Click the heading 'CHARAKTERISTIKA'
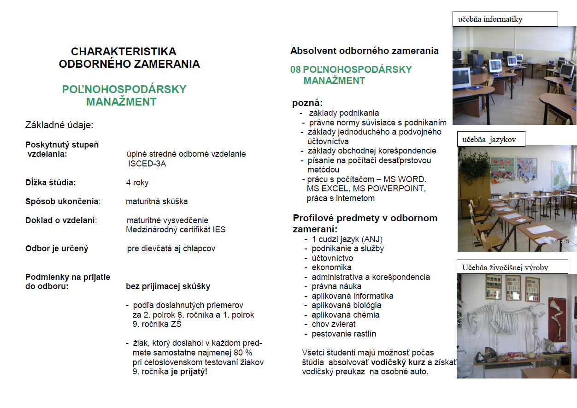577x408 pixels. click(x=124, y=52)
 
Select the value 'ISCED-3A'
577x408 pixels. click(x=147, y=164)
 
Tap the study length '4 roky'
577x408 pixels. click(x=137, y=183)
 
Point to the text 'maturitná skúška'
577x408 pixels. click(x=157, y=201)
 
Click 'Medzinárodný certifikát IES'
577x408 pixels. click(x=176, y=230)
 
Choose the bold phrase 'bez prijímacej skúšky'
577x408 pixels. click(x=168, y=286)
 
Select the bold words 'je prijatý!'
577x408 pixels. click(x=189, y=371)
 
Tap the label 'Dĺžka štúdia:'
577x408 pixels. click(x=51, y=183)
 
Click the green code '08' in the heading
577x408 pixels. click(x=295, y=70)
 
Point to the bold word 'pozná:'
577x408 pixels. click(x=307, y=103)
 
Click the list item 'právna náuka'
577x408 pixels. click(x=336, y=286)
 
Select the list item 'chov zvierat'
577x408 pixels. click(x=334, y=324)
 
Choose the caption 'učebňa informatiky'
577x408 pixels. click(x=490, y=19)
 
